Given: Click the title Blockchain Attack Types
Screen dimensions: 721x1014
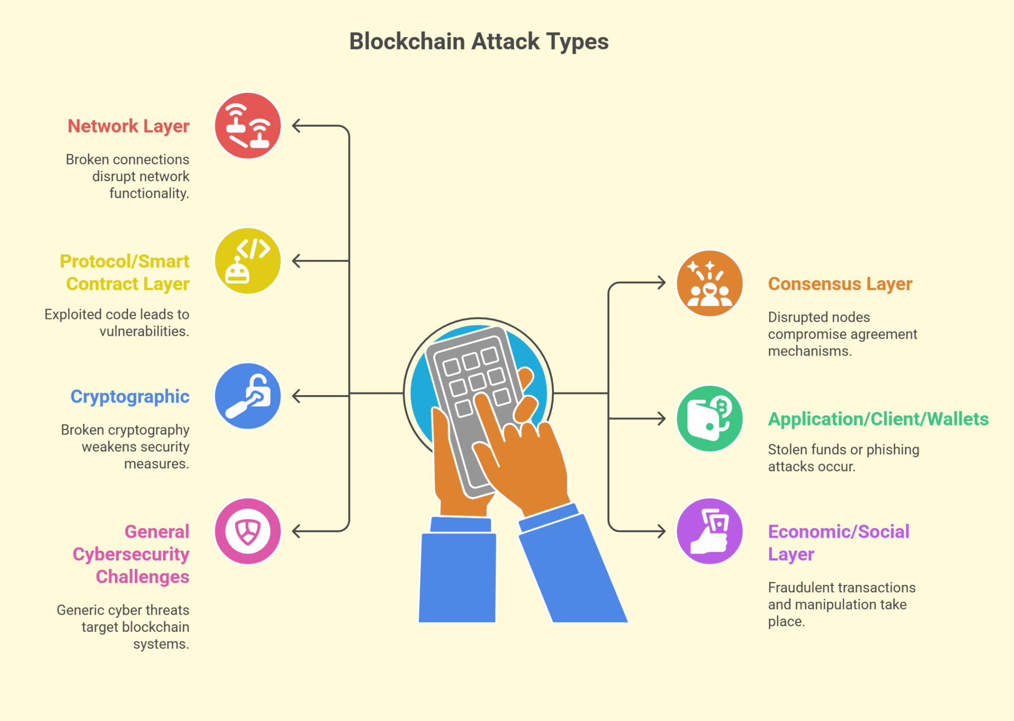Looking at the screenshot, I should tap(479, 42).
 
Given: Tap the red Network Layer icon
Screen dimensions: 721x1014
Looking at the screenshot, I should tap(248, 126).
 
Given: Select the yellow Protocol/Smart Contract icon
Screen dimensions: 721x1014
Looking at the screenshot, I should tap(248, 261).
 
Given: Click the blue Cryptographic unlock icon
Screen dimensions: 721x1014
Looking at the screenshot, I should tap(248, 396).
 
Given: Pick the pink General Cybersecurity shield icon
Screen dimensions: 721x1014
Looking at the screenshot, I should tap(248, 531).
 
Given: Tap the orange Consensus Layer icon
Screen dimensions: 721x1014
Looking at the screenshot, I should tap(710, 283).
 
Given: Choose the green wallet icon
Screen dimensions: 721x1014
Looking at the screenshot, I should tap(710, 418).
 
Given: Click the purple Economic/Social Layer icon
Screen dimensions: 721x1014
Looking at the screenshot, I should tap(710, 531).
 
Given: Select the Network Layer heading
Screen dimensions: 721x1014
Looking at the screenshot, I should tap(128, 126).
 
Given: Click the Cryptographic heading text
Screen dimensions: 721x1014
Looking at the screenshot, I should tap(130, 397).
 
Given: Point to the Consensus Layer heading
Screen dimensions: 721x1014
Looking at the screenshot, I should tap(840, 284).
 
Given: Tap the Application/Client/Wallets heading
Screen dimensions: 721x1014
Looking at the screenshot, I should tap(878, 419).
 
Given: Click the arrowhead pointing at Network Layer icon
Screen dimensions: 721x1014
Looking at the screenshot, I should tap(297, 126).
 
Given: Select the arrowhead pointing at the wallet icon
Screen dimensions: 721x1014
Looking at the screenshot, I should tap(661, 418).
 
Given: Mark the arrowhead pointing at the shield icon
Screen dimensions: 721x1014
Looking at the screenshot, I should tap(297, 531).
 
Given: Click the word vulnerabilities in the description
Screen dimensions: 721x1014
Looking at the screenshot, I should tap(144, 331).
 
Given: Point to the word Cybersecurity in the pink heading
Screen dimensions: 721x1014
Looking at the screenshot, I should tap(131, 554).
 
